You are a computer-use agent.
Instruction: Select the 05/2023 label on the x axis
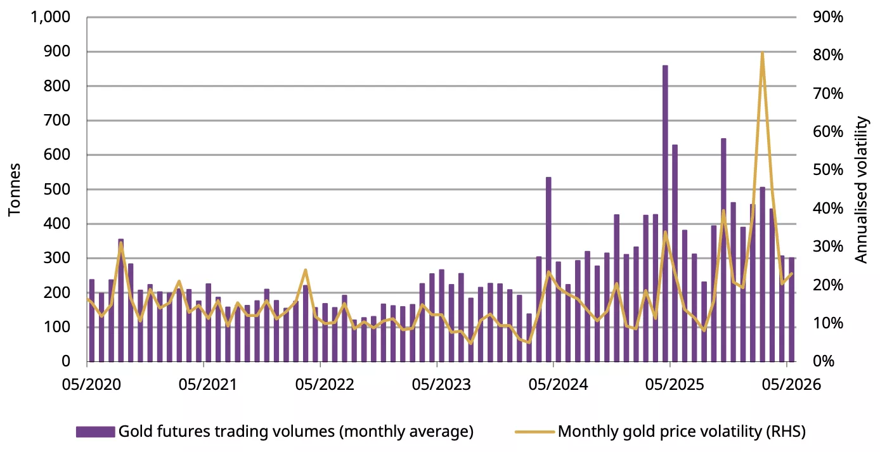[441, 384]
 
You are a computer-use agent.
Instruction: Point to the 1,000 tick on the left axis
[50, 17]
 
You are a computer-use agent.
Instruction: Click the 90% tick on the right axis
[828, 17]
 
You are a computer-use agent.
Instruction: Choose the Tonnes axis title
[14, 190]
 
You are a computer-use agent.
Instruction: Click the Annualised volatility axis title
[861, 190]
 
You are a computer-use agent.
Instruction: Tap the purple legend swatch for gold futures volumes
[96, 432]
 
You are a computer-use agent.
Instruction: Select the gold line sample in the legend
[534, 432]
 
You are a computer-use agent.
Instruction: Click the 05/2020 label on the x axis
[91, 384]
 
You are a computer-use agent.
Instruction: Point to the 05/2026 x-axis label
[791, 384]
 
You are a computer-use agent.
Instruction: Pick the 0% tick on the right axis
[824, 361]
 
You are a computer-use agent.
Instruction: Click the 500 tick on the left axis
[57, 190]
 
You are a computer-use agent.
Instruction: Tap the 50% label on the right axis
[828, 170]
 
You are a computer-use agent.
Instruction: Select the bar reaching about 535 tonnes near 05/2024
[548, 269]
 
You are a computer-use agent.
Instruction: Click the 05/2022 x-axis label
[325, 384]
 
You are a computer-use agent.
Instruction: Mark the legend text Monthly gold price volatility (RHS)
[682, 432]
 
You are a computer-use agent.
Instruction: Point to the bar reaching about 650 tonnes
[723, 250]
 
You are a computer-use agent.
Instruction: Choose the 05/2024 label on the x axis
[558, 384]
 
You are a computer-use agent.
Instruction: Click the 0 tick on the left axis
[66, 361]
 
